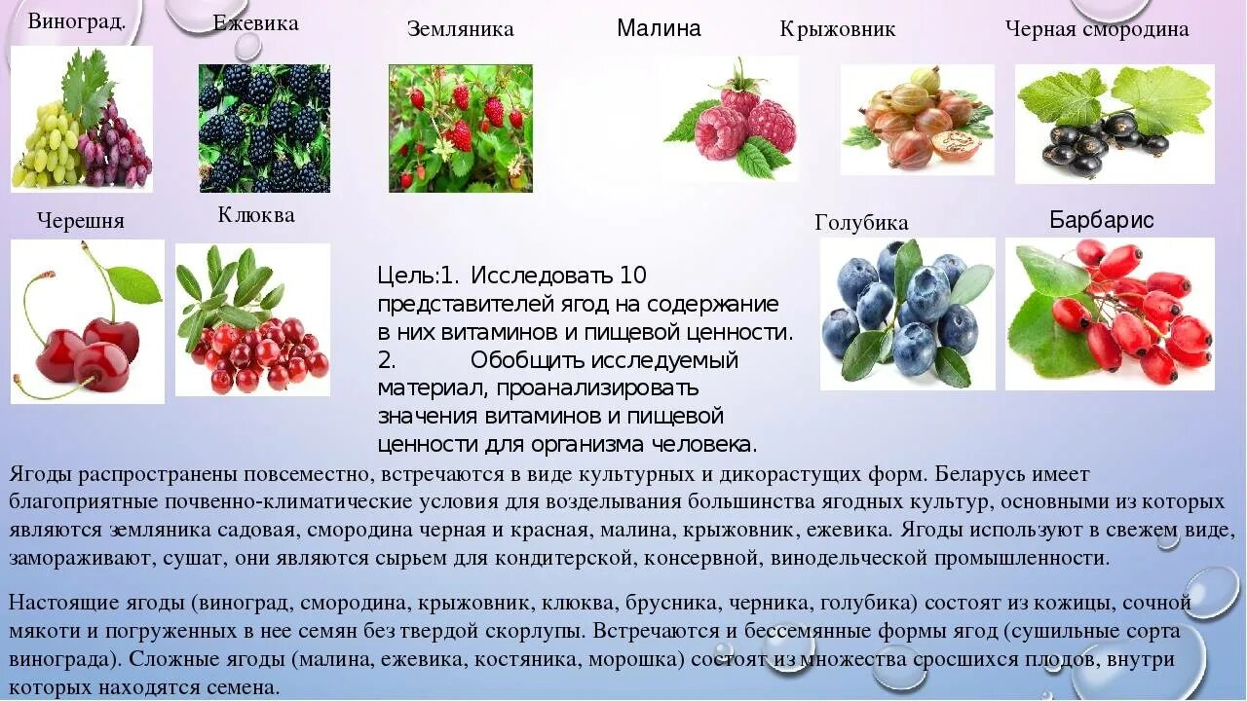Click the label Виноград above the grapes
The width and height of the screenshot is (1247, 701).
77,21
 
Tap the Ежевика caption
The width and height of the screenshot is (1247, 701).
256,23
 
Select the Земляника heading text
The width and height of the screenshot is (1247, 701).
460,29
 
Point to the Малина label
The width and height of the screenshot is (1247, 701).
659,28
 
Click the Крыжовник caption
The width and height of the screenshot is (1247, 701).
838,29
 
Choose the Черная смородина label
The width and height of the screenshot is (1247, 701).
1097,29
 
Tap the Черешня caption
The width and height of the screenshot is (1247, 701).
81,221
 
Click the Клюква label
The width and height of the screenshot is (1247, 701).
256,215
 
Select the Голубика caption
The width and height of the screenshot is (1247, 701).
861,223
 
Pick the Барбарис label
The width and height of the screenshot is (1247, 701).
1102,220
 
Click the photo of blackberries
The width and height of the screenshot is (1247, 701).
264,128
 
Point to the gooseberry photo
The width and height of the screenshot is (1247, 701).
917,120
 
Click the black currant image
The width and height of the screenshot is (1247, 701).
1114,124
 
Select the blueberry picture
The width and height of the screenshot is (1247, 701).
907,314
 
